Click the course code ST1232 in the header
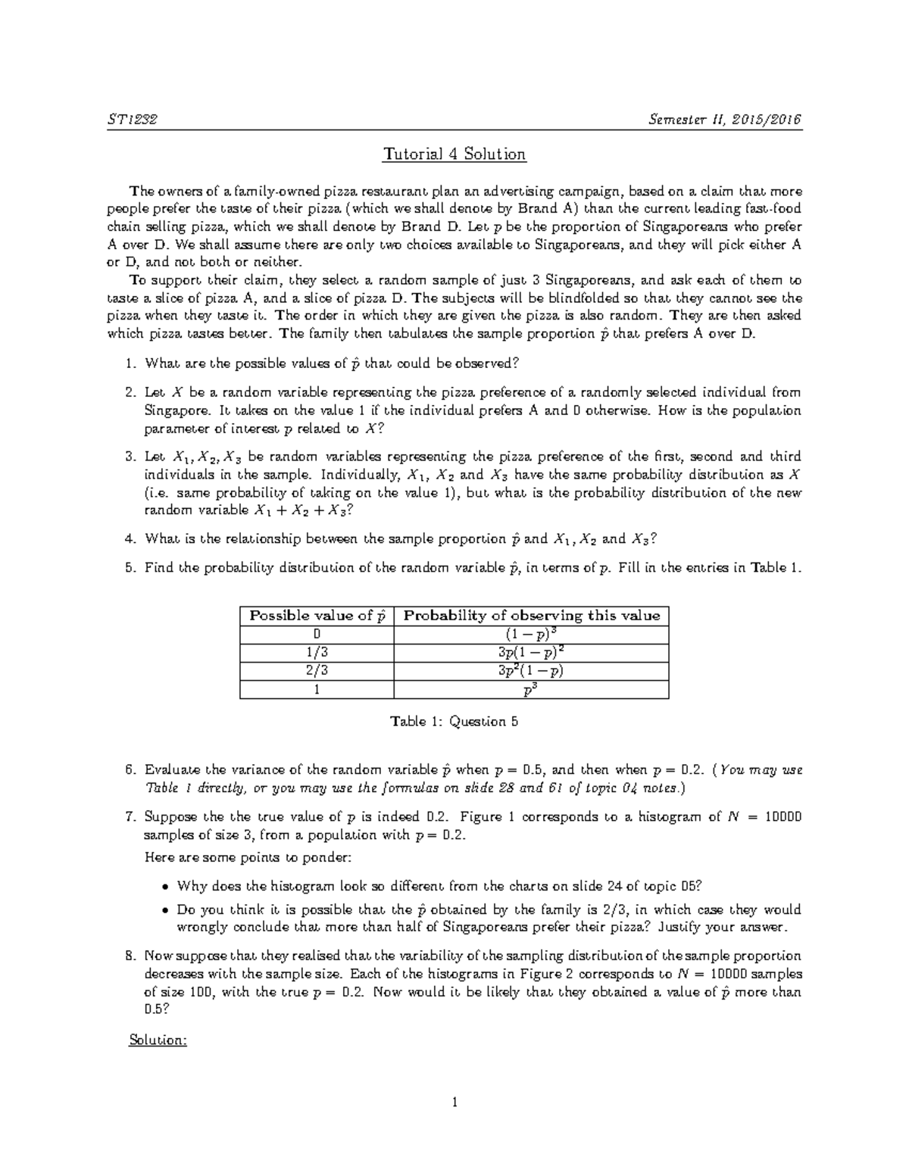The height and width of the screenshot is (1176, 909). pos(133,120)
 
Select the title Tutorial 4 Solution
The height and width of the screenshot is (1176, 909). pos(454,154)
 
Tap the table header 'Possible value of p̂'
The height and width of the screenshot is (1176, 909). pos(317,616)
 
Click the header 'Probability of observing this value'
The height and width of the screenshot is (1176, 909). pos(532,616)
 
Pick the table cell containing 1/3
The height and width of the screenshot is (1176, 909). pos(317,653)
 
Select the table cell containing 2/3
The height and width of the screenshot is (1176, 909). pos(317,671)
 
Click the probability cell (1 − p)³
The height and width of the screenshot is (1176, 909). pos(532,634)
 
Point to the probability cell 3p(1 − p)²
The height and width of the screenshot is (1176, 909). pos(532,652)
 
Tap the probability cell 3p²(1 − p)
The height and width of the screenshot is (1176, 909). pos(532,671)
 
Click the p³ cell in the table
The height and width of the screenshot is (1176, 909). pos(532,689)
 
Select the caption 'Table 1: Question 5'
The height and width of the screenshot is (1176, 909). pos(454,722)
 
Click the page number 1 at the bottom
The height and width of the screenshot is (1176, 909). pos(454,1103)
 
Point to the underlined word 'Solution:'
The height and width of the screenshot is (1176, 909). pos(158,1040)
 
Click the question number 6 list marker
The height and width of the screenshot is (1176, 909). pos(131,770)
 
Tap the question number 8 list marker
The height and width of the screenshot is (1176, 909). pos(131,956)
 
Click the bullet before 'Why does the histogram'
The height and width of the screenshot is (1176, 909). pos(165,886)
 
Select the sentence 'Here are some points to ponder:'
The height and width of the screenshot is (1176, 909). pos(248,858)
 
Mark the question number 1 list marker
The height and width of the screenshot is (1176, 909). pos(131,363)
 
